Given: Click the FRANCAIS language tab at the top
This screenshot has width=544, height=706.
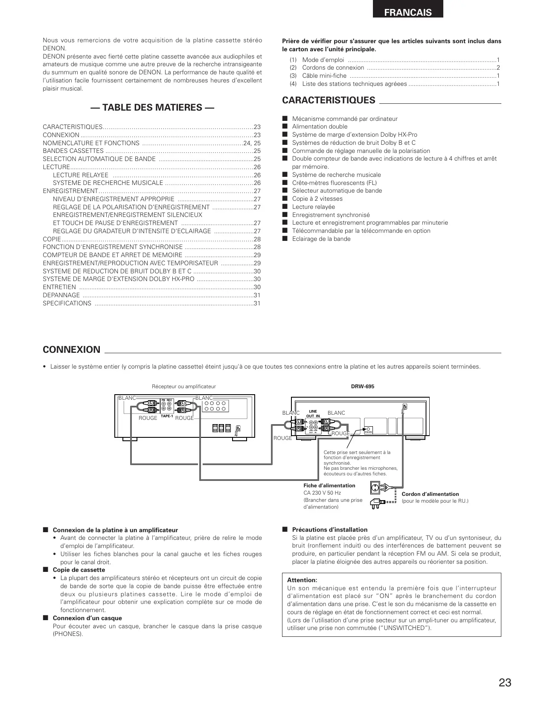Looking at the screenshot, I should [407, 12].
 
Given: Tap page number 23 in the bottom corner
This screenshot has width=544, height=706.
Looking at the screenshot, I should [504, 683].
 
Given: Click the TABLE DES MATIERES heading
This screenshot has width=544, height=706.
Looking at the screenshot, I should [152, 107].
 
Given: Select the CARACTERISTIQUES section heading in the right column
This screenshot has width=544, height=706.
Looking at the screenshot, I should [329, 100].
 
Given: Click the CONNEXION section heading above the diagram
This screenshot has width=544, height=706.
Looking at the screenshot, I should [71, 350].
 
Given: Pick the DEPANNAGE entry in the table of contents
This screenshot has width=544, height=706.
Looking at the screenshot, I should [61, 295].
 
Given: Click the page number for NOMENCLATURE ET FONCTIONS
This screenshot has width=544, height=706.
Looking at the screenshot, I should [252, 143].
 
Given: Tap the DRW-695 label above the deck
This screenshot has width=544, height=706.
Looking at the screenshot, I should [362, 387].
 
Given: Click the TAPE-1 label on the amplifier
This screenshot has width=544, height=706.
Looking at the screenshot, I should [166, 416].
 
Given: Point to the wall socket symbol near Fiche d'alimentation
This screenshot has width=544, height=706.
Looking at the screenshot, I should [374, 487].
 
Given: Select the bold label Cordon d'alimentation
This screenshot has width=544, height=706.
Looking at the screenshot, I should [430, 494].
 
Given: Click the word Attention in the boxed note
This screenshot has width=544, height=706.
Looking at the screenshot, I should [302, 580].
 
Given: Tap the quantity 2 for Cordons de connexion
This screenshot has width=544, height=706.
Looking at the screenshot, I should [498, 67].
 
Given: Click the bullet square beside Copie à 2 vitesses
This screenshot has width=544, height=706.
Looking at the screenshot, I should [285, 199].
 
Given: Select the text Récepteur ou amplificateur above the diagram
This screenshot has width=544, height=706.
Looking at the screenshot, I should [184, 387].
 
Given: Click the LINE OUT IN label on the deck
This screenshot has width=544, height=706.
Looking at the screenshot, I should [313, 413].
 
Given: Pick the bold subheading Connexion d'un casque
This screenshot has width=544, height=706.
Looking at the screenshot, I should [87, 618].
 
